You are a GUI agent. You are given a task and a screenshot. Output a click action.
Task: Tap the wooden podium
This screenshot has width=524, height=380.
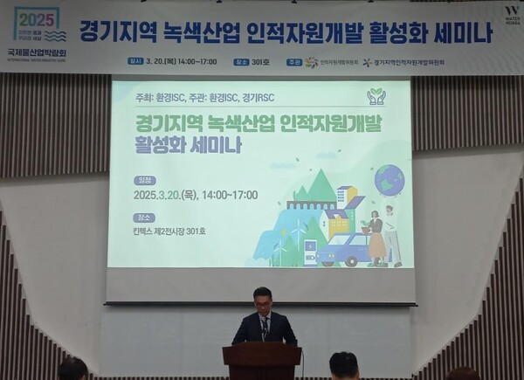[261, 360]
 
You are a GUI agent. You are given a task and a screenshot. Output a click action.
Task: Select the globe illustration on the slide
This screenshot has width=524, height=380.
[389, 180]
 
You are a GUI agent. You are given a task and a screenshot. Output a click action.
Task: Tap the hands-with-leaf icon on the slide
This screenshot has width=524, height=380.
[376, 96]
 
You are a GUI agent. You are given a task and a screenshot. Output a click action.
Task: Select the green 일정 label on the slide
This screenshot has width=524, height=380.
[144, 179]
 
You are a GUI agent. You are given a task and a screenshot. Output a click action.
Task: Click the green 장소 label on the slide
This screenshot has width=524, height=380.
[144, 218]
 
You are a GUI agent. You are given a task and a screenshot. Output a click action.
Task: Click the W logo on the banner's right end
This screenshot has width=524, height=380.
[511, 12]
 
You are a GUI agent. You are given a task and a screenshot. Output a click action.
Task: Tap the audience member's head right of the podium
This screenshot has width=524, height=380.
[343, 366]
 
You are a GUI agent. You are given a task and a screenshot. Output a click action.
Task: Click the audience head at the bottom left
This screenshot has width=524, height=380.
[72, 370]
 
